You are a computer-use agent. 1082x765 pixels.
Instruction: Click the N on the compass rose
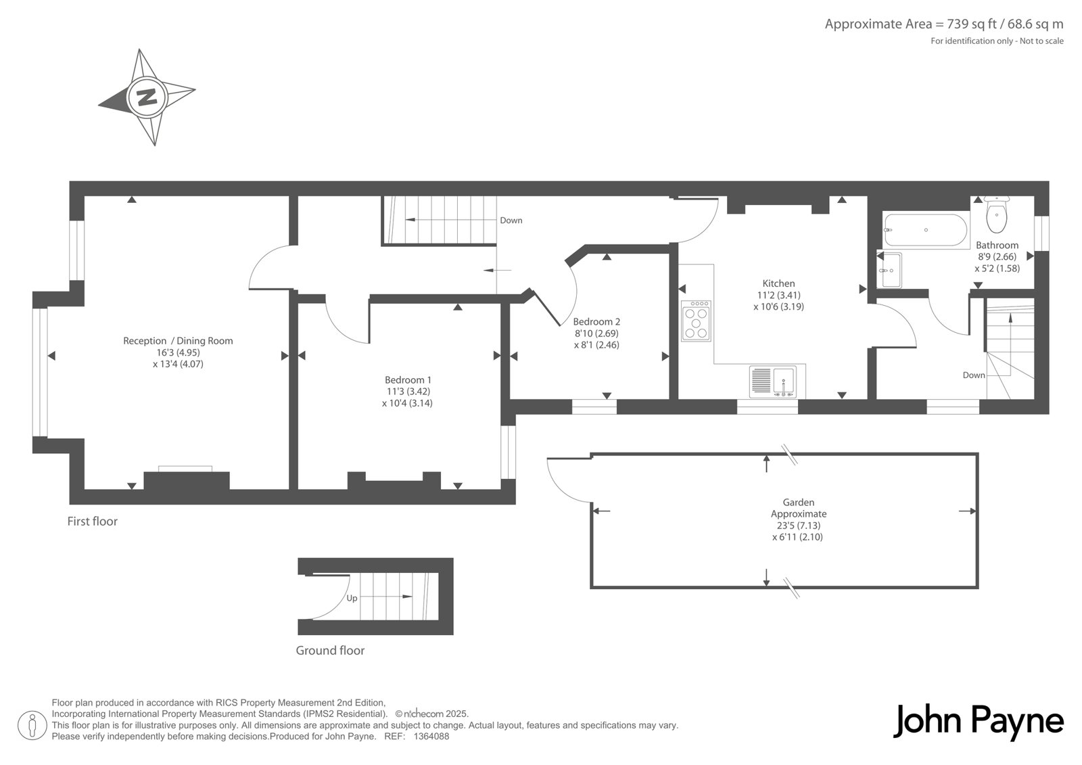point(147,97)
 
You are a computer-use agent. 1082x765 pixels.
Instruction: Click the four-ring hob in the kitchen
point(696,321)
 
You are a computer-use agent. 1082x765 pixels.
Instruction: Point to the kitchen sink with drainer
point(774,381)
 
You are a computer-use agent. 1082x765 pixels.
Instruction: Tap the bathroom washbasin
point(889,270)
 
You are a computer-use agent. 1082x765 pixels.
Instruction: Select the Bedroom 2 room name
point(596,321)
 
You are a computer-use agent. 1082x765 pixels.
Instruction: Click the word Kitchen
point(778,283)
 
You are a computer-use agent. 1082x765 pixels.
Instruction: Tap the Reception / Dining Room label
point(178,341)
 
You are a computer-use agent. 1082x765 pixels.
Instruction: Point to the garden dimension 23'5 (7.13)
point(799,526)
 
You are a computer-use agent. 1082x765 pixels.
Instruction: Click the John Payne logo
point(978,722)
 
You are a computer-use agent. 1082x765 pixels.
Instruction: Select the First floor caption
point(92,521)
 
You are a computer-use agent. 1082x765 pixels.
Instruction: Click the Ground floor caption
point(330,651)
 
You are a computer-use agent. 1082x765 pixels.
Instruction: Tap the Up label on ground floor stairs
point(352,599)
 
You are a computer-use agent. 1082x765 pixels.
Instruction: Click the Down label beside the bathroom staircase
point(974,375)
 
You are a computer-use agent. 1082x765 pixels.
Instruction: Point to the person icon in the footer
point(32,726)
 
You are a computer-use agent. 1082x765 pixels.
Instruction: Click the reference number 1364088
point(431,737)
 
